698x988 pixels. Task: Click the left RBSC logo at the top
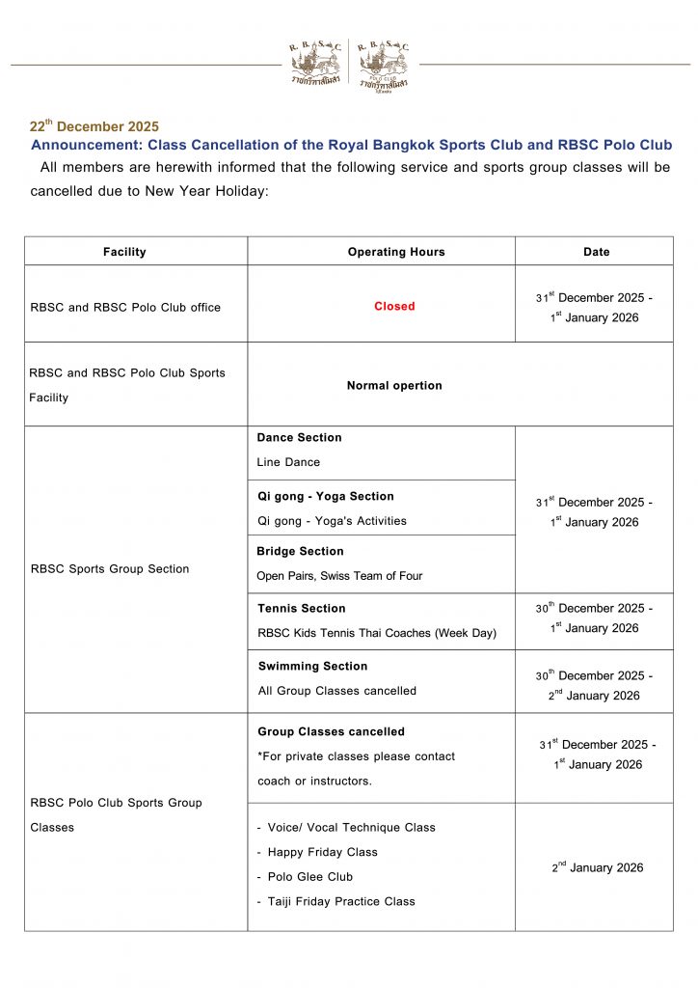click(x=314, y=64)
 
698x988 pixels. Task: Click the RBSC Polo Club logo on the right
click(x=383, y=64)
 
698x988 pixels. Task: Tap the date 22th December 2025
click(x=94, y=126)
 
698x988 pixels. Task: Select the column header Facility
click(x=124, y=252)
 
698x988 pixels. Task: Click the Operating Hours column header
click(x=396, y=252)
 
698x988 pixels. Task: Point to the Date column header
click(x=596, y=252)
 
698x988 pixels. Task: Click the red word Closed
click(x=394, y=307)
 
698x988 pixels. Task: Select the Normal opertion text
click(x=394, y=386)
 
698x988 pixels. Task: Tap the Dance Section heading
click(x=299, y=438)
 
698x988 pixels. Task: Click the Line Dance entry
click(x=288, y=462)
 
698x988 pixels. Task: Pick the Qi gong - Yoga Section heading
click(x=325, y=497)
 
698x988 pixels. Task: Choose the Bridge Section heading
click(x=300, y=552)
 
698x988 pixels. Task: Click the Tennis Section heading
click(x=302, y=609)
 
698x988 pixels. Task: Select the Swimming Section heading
click(x=312, y=667)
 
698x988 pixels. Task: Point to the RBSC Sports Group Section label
click(x=110, y=569)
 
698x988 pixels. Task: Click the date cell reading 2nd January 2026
click(x=597, y=868)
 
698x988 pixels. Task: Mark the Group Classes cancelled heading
click(x=331, y=732)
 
